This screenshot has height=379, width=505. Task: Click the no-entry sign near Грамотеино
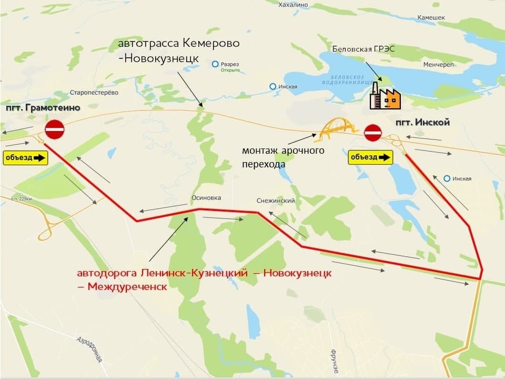[x=54, y=129]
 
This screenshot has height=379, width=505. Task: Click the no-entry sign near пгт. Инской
[x=372, y=132]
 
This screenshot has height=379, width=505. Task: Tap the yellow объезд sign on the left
[x=25, y=157]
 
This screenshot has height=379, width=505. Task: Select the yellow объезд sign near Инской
[x=370, y=157]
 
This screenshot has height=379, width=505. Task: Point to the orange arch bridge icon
[x=336, y=130]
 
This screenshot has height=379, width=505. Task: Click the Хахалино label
[x=292, y=4]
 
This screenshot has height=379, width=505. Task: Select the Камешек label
[x=431, y=17]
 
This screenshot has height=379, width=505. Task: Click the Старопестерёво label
[x=94, y=93]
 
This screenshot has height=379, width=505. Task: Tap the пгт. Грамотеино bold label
[x=43, y=108]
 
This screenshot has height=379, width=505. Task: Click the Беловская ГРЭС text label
[x=363, y=49]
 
